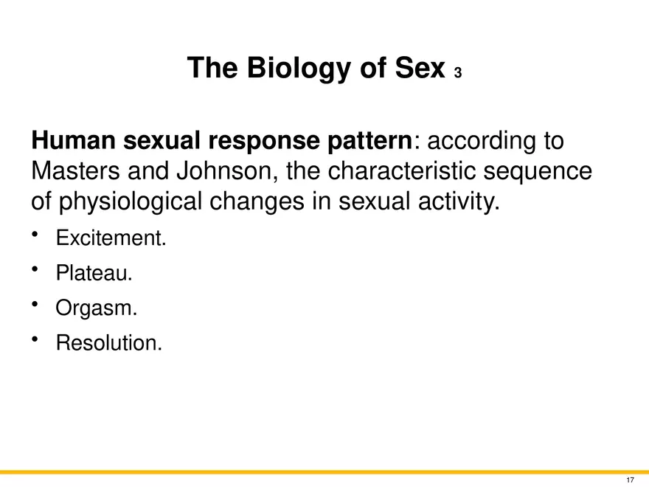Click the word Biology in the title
tap(299, 69)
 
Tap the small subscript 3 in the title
tap(457, 73)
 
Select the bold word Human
tap(73, 140)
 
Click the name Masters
tap(75, 170)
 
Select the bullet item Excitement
tap(111, 238)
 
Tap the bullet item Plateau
tap(94, 273)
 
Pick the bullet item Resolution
tap(109, 343)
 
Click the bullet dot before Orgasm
tap(35, 304)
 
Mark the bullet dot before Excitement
tap(35, 235)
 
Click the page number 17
tap(630, 480)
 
